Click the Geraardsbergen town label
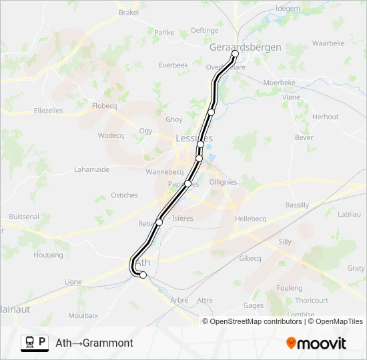tap(245, 47)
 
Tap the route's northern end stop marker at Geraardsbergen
tap(235, 55)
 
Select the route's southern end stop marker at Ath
tap(143, 275)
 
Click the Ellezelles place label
tap(48, 111)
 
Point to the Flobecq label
tap(105, 105)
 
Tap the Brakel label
tap(128, 12)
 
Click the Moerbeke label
tap(279, 83)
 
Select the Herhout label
tap(326, 117)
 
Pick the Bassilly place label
tap(297, 205)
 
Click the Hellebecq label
tap(250, 219)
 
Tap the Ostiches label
tap(125, 195)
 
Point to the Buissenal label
tap(24, 217)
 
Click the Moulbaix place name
tap(83, 315)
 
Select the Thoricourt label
tap(311, 301)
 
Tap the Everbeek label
tap(173, 65)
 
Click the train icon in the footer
tap(29, 343)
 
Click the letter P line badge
tap(43, 342)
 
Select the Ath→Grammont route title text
tap(94, 343)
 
